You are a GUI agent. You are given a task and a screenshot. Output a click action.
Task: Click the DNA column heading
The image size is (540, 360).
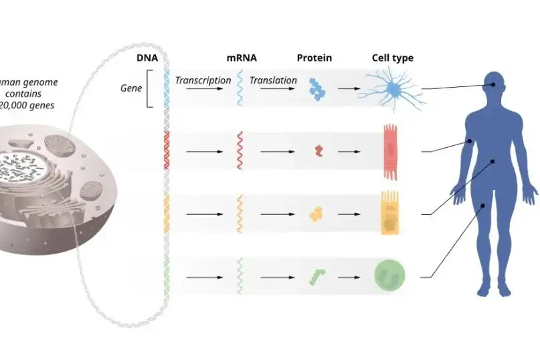pos(147,58)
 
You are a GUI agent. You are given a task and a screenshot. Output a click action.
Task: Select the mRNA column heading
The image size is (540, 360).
pos(242,58)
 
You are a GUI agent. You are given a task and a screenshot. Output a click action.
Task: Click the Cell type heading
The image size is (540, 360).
pos(393,58)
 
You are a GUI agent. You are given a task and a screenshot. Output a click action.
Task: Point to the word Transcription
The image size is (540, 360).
pos(203,80)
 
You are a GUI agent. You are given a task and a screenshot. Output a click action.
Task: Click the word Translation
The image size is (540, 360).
pos(273,80)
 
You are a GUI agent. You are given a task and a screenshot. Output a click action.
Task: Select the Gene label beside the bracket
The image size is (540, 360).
pos(131,88)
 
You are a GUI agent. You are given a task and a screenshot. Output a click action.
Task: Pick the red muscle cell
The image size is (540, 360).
pos(391,151)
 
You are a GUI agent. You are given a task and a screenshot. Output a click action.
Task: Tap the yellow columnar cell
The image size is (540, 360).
pos(390,213)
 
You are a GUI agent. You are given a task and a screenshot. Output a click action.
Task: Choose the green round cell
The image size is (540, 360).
pos(389,275)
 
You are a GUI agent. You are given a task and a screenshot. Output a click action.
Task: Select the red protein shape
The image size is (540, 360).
pos(319,151)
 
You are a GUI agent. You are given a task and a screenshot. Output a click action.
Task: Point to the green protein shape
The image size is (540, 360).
pos(317,276)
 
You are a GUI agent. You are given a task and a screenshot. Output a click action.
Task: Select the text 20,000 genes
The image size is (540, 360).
pos(31,106)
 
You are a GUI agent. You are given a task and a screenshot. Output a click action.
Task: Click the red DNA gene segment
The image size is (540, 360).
pos(166,148)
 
